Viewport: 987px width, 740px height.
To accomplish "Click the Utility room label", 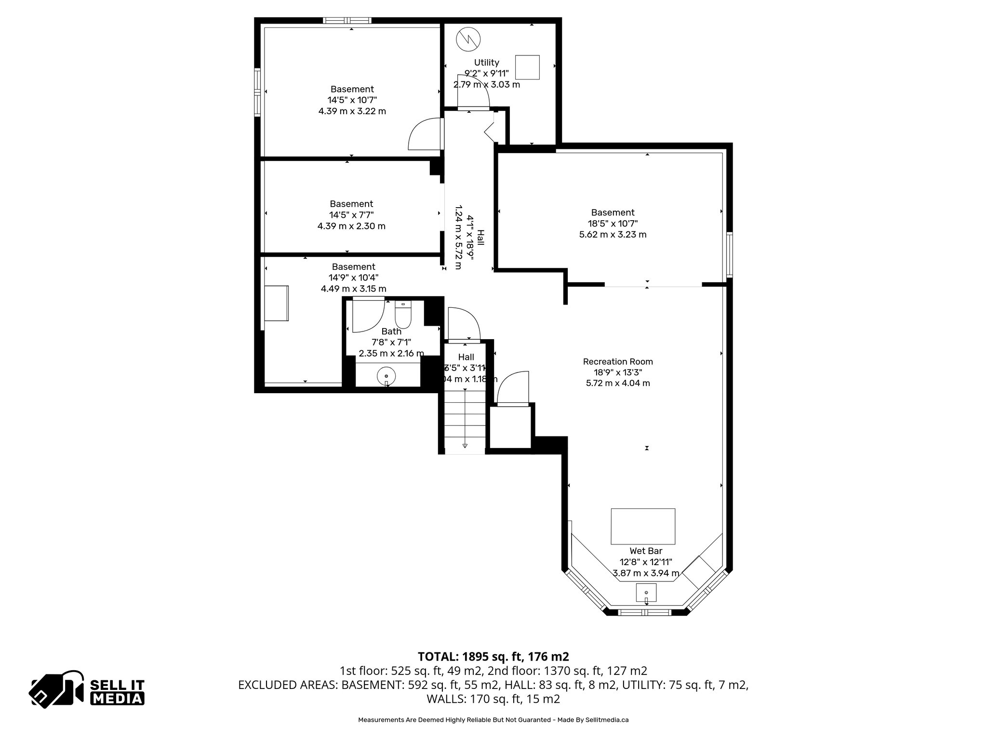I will (486, 63).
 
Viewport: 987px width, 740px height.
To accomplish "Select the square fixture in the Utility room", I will (527, 67).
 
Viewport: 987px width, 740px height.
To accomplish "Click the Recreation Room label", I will (618, 361).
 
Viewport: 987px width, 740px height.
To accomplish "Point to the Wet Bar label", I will (646, 551).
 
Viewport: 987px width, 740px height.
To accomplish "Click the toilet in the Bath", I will (402, 316).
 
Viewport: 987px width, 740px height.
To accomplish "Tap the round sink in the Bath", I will (387, 376).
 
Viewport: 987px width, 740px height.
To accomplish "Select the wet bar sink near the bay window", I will (646, 592).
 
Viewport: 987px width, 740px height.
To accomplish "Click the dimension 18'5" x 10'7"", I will (613, 224).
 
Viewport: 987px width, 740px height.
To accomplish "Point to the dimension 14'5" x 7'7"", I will (351, 215).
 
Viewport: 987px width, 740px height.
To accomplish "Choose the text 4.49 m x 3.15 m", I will (353, 289).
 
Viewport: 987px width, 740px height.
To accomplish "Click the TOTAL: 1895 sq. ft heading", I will (493, 656).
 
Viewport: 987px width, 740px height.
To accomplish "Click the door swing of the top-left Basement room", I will (424, 135).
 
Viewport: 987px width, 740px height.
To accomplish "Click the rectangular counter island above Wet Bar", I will (643, 526).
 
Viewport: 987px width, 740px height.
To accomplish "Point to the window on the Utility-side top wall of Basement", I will (347, 21).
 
